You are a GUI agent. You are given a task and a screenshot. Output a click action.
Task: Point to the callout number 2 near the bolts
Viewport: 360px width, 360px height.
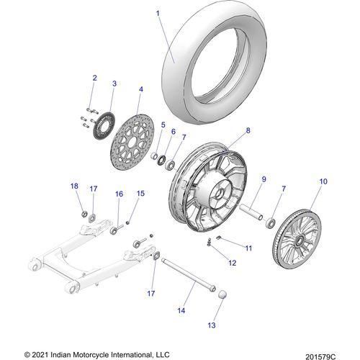pyautogui.click(x=94, y=78)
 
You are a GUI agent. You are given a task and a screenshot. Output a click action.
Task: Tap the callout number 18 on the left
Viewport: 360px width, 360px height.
pyautogui.click(x=74, y=186)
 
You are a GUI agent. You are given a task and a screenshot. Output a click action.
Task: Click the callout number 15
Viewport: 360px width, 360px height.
pyautogui.click(x=141, y=193)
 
